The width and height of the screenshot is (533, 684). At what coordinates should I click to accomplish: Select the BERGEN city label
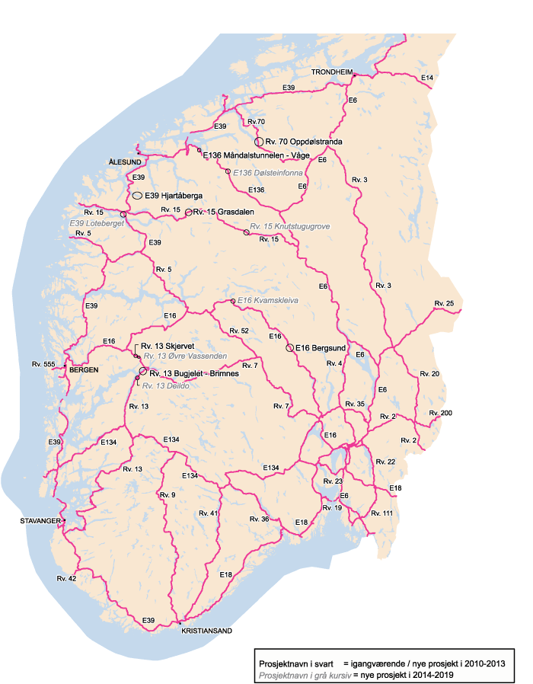[x=84, y=370]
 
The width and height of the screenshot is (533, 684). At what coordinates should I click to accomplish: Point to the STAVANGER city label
[x=40, y=522]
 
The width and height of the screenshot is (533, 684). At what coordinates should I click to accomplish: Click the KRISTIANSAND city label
[x=206, y=631]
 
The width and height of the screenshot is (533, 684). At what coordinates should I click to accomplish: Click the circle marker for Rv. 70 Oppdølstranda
[x=259, y=142]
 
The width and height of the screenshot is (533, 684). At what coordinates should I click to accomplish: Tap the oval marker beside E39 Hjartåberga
[x=137, y=196]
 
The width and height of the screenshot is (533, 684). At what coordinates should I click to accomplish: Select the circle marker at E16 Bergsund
[x=289, y=348]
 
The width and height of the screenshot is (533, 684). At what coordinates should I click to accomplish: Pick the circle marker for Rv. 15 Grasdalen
[x=188, y=213]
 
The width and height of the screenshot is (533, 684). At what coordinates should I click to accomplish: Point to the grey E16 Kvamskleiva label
[x=267, y=301]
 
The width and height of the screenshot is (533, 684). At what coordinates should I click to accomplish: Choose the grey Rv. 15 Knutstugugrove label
[x=290, y=227]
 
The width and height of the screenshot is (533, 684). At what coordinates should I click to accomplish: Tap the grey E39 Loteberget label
[x=96, y=223]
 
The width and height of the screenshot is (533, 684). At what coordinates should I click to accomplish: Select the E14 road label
[x=427, y=78]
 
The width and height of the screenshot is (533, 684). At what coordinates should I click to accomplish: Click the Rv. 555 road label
[x=43, y=365]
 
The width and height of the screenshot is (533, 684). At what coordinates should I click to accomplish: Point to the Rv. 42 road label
[x=66, y=579]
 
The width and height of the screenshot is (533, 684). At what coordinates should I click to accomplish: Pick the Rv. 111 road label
[x=381, y=513]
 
